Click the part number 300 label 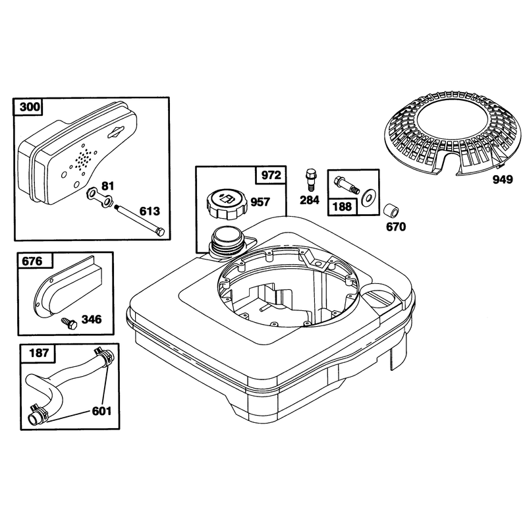click(x=30, y=107)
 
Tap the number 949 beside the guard click(x=503, y=180)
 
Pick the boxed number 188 click(x=342, y=206)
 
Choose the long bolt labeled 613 click(x=140, y=221)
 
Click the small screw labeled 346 click(x=69, y=323)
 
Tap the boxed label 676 click(x=32, y=261)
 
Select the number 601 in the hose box click(x=102, y=410)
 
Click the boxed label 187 click(x=39, y=353)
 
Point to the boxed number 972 click(x=271, y=175)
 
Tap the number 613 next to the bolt click(x=150, y=211)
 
